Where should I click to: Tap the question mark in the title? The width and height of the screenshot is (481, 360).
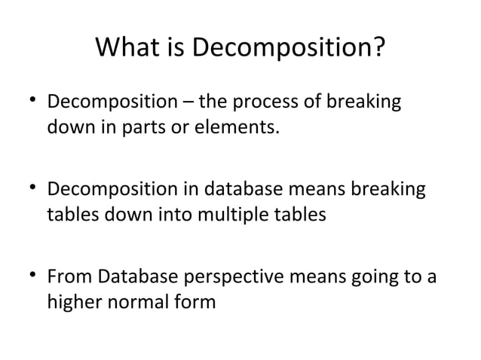tap(378, 50)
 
